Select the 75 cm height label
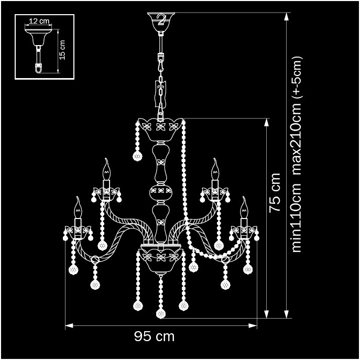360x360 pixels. click(x=275, y=192)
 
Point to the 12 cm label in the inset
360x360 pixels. click(x=39, y=21)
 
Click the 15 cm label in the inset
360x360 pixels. click(x=62, y=49)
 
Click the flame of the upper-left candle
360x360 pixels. click(x=107, y=168)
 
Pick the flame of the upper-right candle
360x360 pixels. click(x=214, y=168)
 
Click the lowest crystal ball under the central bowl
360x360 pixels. click(x=161, y=313)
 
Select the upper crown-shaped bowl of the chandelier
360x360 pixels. click(x=161, y=130)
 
